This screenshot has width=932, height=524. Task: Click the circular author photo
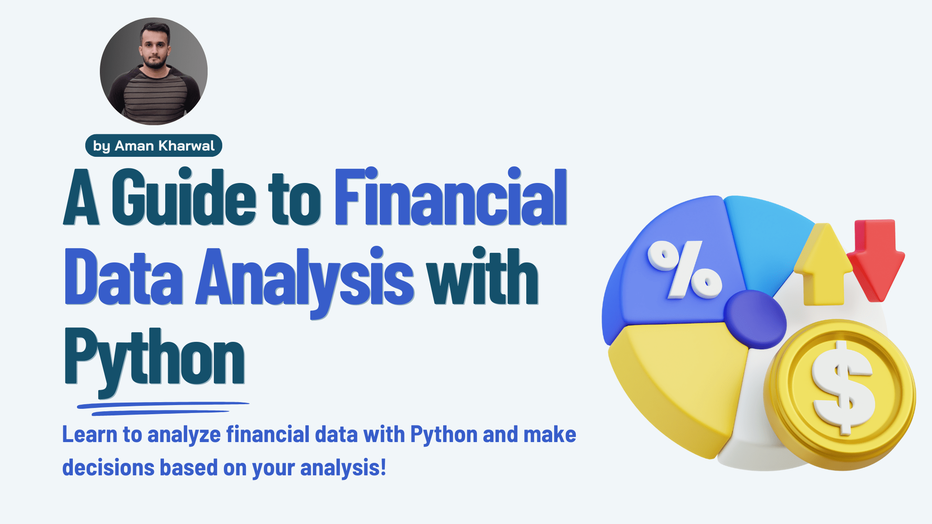pyautogui.click(x=154, y=71)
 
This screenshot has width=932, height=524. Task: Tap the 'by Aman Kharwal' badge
pyautogui.click(x=154, y=146)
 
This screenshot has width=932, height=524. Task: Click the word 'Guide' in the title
pyautogui.click(x=183, y=197)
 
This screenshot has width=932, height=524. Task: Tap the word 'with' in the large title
pyautogui.click(x=483, y=277)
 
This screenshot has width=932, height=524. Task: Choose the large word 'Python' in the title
pyautogui.click(x=154, y=358)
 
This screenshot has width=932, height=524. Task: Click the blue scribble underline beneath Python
pyautogui.click(x=162, y=408)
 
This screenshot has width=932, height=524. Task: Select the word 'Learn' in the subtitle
pyautogui.click(x=90, y=435)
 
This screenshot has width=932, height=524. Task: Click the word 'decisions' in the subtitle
pyautogui.click(x=109, y=467)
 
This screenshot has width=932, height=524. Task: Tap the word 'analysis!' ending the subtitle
pyautogui.click(x=343, y=468)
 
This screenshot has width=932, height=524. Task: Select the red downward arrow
pyautogui.click(x=876, y=258)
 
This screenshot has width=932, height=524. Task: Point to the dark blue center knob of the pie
pyautogui.click(x=755, y=319)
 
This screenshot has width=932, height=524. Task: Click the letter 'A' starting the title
pyautogui.click(x=81, y=197)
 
